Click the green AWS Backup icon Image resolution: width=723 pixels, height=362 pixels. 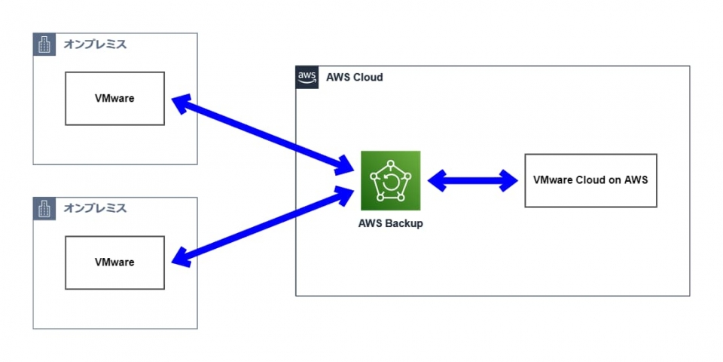pos(390,181)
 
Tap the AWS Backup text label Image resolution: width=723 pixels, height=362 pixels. pos(390,223)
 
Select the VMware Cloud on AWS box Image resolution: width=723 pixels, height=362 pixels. pos(590,180)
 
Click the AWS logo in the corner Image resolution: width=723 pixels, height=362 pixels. pos(307,77)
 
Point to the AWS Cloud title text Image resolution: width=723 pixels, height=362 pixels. pos(354,77)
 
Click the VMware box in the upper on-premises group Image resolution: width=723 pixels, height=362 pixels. pos(114,98)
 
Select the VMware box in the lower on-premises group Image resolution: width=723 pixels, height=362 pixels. pos(114,262)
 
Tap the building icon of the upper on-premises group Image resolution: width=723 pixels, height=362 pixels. pos(44,44)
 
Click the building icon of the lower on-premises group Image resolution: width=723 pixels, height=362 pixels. pos(44,209)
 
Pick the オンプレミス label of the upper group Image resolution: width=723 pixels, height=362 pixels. pos(95,44)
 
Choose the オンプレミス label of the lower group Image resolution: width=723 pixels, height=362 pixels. pos(95,208)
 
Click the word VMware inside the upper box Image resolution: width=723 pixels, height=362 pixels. pos(114,98)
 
